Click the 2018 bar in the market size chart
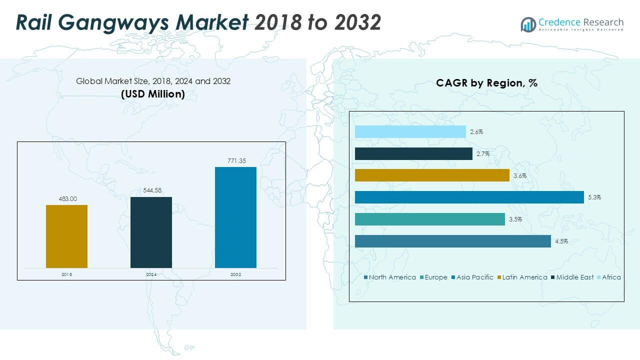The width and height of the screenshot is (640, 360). (66, 236)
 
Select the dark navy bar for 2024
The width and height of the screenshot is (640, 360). (151, 232)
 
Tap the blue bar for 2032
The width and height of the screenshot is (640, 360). (235, 217)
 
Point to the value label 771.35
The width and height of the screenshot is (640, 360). (235, 161)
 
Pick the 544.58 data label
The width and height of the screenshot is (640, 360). (151, 190)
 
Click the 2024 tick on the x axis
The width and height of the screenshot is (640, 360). (151, 275)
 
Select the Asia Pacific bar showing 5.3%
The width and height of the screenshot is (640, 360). (469, 197)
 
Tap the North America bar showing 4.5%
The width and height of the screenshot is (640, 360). (452, 241)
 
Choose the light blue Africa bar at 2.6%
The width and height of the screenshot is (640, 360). (410, 131)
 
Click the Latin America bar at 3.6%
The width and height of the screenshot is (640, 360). (432, 175)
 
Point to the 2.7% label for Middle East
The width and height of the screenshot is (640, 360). (483, 154)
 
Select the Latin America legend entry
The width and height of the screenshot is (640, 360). (524, 277)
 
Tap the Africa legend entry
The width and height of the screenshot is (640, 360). (611, 277)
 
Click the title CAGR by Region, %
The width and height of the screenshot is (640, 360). (486, 83)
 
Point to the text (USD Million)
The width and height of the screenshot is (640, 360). (153, 93)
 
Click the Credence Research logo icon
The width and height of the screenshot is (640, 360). (528, 24)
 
